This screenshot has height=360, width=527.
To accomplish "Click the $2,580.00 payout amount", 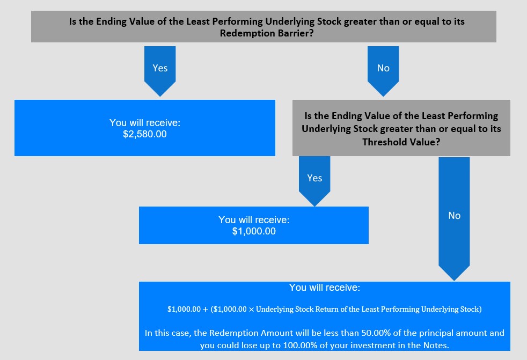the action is click(144, 134).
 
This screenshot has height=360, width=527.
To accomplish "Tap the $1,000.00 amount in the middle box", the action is click(254, 231).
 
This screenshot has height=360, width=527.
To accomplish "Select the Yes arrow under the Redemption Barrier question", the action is click(160, 71).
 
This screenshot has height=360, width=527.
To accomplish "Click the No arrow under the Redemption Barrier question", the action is click(383, 71).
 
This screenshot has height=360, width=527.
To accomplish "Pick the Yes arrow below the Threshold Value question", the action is click(314, 181).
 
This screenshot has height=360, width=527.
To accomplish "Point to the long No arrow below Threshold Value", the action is click(454, 218).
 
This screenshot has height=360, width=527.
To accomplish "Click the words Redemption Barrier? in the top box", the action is click(267, 33).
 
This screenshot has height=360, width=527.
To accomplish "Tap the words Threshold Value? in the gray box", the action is click(401, 142).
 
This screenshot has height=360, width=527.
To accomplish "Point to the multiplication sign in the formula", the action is click(251, 309).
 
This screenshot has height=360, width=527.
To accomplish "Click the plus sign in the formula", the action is click(206, 309).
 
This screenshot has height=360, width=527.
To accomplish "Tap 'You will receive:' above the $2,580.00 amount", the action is click(144, 123).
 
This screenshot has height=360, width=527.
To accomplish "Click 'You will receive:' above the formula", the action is click(324, 288).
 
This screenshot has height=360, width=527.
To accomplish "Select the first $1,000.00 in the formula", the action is click(184, 309).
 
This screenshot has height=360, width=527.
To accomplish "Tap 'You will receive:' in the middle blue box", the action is click(254, 220).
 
